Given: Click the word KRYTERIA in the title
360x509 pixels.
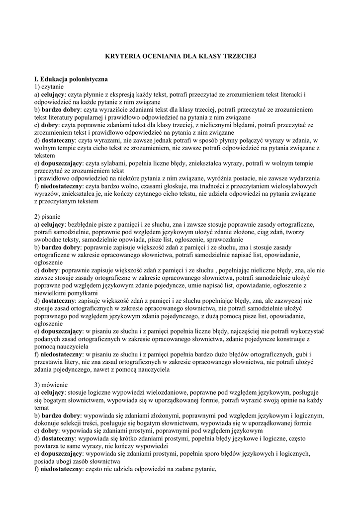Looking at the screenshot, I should [123, 57].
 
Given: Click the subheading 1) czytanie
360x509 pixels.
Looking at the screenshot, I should [51, 86].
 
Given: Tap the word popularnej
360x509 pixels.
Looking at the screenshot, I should [86, 116].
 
